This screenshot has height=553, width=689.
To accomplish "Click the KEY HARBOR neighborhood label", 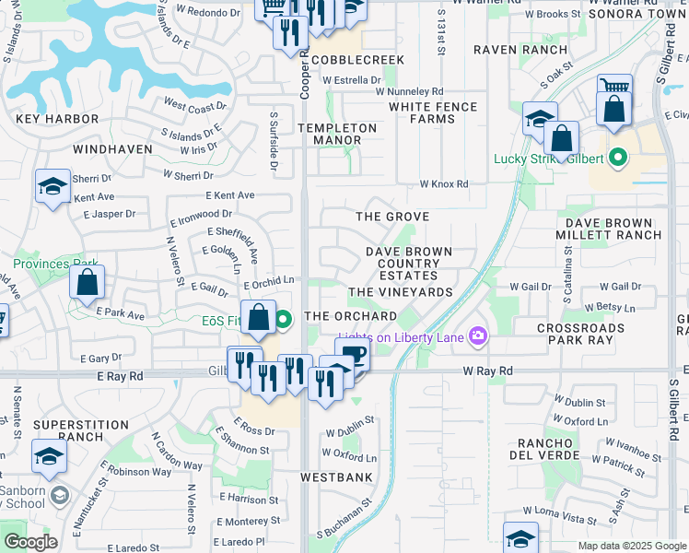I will (57, 119).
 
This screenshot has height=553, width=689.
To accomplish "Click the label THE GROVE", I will (393, 217).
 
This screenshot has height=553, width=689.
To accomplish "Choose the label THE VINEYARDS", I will (401, 292).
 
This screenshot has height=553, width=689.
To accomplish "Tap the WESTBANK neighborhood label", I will (336, 477).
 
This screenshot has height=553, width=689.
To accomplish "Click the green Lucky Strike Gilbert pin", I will (618, 158).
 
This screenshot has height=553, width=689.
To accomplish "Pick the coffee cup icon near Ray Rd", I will (352, 354).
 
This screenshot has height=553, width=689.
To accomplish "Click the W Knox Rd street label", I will (444, 184).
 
